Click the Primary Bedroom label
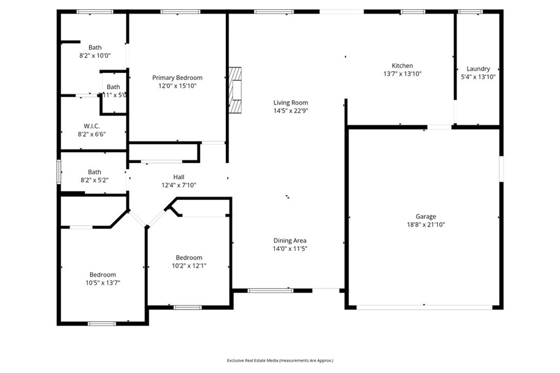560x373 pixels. pos(177,78)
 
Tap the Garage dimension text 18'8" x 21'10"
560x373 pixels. pos(425,224)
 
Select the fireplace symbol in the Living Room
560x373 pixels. pos(235,90)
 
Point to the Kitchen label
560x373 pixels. pos(402,66)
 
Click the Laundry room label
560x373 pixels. pos(478,69)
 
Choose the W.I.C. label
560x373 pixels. pos(92,126)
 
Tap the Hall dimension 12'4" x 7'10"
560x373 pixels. pos(179,185)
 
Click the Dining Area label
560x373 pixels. pos(290,240)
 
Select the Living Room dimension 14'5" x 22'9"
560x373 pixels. pos(290,110)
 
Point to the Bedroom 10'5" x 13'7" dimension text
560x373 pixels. pos(103,283)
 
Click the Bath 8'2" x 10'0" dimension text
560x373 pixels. pos(95,55)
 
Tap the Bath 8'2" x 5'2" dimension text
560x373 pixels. pos(95,179)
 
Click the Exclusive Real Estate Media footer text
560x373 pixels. pos(280,360)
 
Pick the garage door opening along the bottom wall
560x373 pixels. pos(424,307)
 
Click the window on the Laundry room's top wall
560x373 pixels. pos(470,11)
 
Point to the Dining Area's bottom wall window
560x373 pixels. pos(270,290)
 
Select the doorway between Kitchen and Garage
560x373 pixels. pos(439,127)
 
